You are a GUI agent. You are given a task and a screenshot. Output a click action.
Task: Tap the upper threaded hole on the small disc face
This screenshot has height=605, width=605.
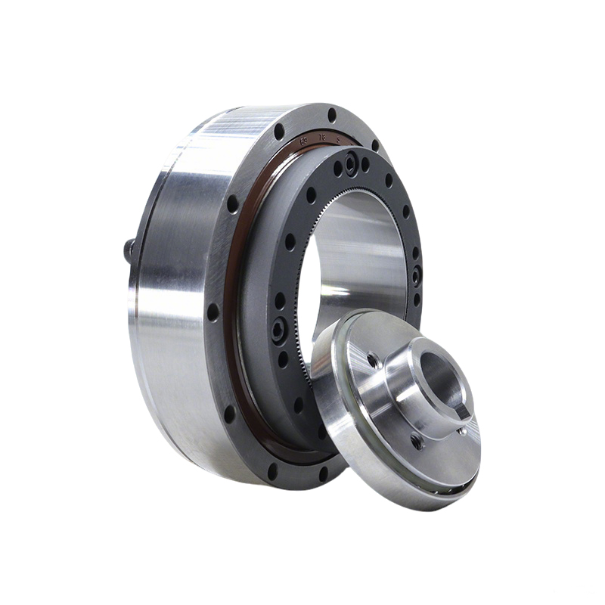373,361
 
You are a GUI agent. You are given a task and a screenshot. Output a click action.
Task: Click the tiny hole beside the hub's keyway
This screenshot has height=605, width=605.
462,431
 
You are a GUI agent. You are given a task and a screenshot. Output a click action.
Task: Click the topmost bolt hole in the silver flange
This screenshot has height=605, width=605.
331,115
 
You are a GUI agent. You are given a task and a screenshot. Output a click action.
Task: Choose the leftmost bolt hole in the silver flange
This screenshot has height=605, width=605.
213,311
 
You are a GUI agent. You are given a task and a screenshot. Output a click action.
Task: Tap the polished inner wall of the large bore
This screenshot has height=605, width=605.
363,250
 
